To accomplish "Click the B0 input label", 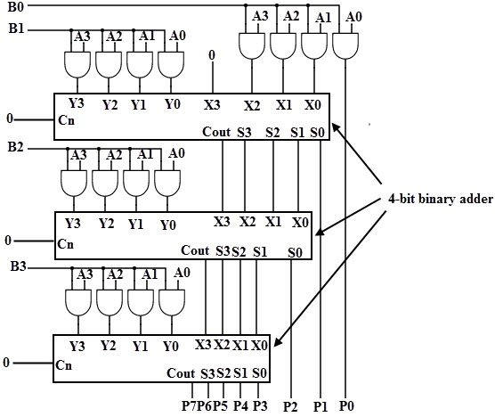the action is [16, 6].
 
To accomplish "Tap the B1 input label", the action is [16, 29].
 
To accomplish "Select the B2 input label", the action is [15, 147].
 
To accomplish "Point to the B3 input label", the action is [19, 266].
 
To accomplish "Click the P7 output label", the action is [189, 405].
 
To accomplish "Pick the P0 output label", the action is [346, 405].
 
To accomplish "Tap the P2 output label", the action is [290, 406].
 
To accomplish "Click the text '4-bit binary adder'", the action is [441, 200].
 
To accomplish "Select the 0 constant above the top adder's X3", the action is [212, 55].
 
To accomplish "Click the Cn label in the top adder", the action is [66, 120].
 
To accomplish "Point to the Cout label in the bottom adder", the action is [181, 373].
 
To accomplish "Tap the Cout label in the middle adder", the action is [195, 250].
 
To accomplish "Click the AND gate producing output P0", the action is [345, 45].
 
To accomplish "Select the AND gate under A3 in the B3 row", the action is [78, 303].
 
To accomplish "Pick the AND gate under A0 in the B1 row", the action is [171, 64].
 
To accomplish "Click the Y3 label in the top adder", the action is [76, 103].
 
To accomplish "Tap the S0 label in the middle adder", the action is [295, 253].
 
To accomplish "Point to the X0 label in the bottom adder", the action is [259, 346].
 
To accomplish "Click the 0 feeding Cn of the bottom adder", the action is [6, 363].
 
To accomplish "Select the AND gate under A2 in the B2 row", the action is [105, 184].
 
